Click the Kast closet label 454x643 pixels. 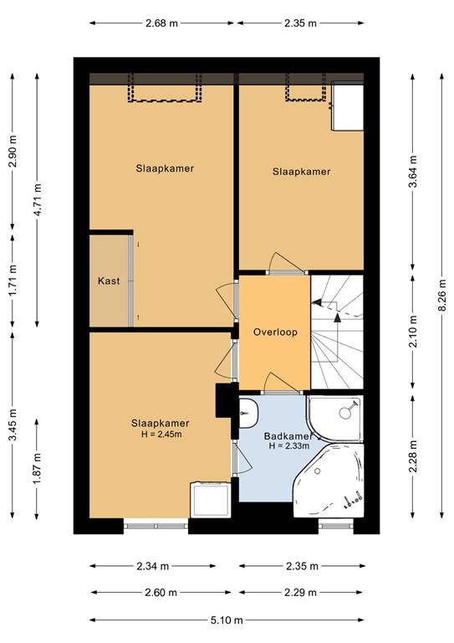[x=109, y=281]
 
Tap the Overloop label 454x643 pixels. [x=275, y=332]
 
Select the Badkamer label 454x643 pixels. [x=288, y=436]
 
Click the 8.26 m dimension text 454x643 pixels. [x=441, y=296]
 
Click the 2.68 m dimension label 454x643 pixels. [x=161, y=23]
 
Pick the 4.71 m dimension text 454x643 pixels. [x=38, y=200]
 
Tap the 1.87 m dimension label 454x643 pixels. [x=38, y=468]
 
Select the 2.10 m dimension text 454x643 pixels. [x=413, y=332]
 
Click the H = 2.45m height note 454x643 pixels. [x=161, y=434]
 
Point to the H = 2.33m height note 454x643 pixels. [x=289, y=445]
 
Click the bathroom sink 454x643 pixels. [x=248, y=414]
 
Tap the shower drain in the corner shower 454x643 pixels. [x=345, y=413]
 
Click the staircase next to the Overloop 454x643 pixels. [x=337, y=332]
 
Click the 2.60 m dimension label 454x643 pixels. [x=161, y=593]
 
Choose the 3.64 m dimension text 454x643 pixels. [x=413, y=172]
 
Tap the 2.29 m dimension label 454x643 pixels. [x=300, y=593]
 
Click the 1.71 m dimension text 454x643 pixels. [x=13, y=281]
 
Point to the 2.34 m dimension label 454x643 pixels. [x=153, y=566]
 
